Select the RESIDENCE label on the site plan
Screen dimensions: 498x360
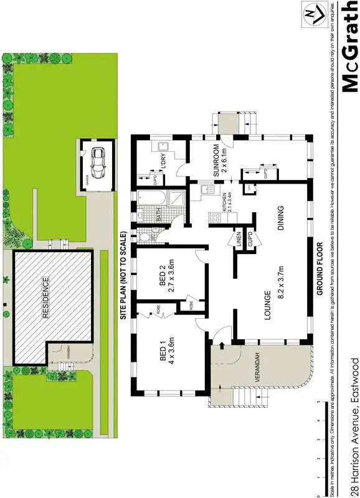click(45, 305)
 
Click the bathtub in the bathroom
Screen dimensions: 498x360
click(149, 200)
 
